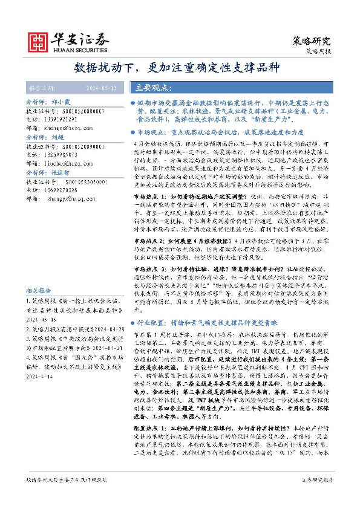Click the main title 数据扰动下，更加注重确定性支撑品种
pos(180,68)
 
